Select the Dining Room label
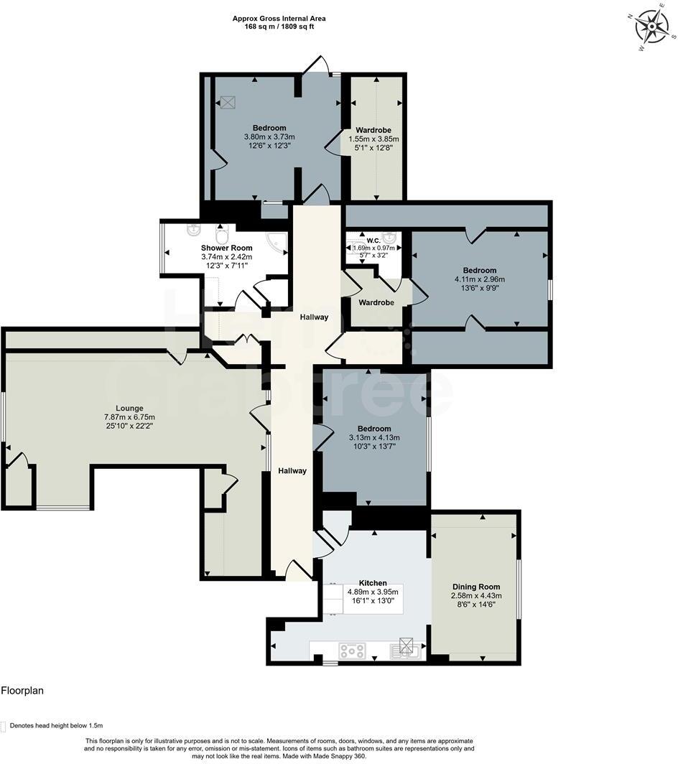(x=475, y=587)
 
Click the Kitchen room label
(x=373, y=583)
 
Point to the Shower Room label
(x=226, y=248)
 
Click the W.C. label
(x=373, y=240)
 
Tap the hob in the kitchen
(x=353, y=651)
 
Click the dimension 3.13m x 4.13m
(x=374, y=438)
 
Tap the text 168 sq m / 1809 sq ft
(x=273, y=27)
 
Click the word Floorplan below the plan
(x=22, y=691)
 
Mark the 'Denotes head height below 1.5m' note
(x=55, y=725)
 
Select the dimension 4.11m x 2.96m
(x=480, y=279)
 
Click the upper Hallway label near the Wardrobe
(x=315, y=317)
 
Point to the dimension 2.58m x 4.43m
(x=475, y=595)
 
